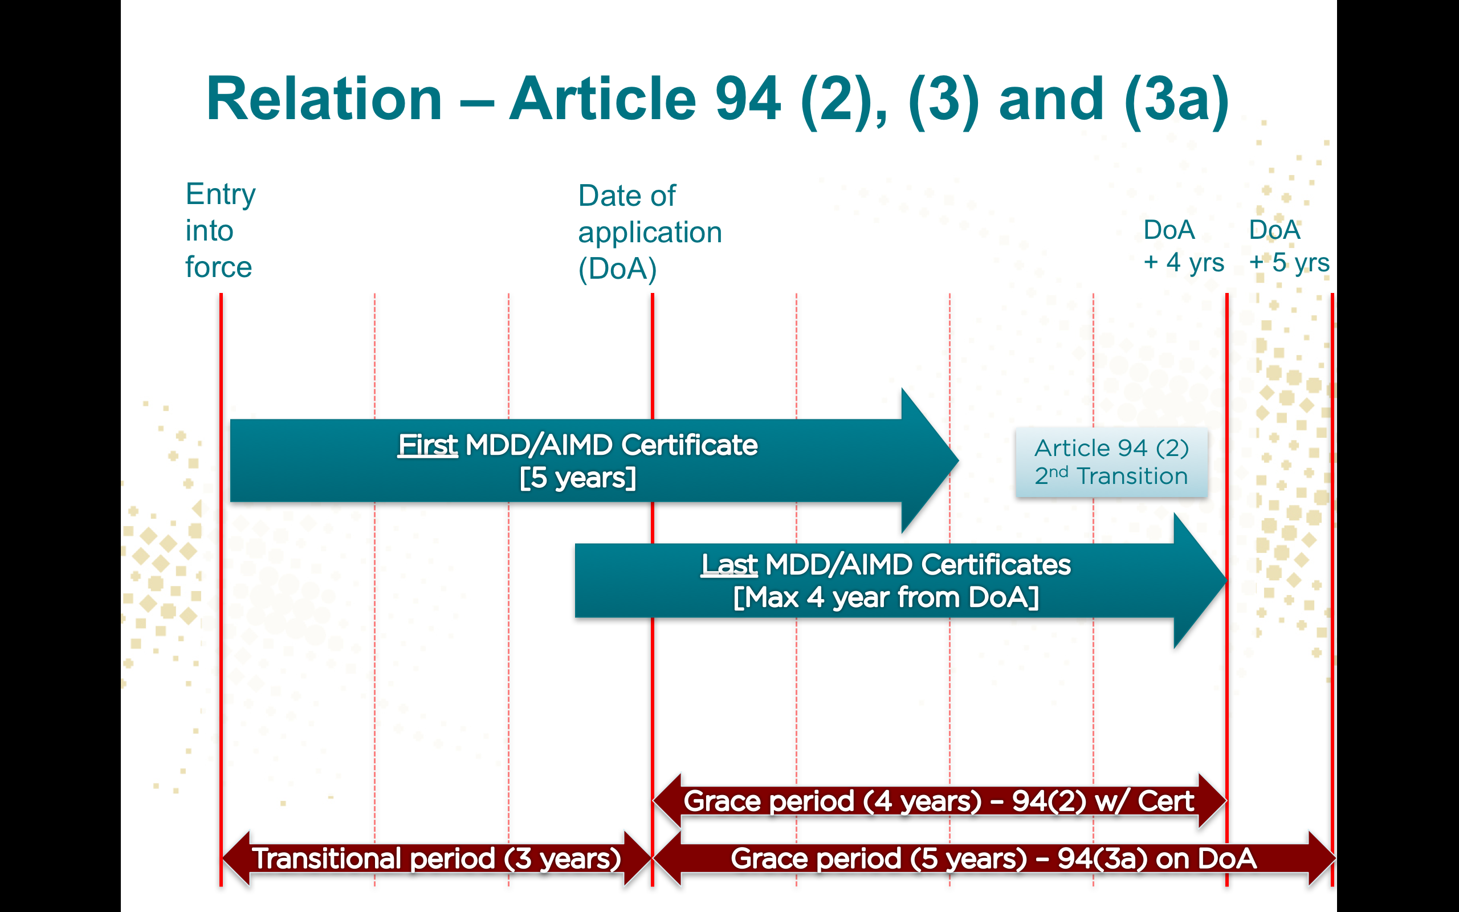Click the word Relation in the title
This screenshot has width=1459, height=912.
pos(324,100)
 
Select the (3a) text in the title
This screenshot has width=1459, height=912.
pos(1176,100)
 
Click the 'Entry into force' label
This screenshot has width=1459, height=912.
pos(220,230)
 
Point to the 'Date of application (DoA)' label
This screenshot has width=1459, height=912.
pos(649,232)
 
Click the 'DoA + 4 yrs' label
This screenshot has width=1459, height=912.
pos(1183,246)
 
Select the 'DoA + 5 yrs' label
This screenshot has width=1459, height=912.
pos(1289,246)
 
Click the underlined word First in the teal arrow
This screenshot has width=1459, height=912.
pos(427,445)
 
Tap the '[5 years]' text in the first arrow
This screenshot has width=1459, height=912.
pos(577,478)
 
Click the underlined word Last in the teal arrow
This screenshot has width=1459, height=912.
pos(729,565)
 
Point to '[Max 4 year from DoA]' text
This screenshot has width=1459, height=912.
pos(886,598)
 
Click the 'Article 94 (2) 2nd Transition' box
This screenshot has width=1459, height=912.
pos(1111,462)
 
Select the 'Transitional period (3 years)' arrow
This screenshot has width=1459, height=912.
pos(437,858)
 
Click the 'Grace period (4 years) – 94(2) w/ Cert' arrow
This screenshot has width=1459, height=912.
pos(939,801)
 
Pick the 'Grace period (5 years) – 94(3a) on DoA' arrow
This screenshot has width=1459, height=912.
pos(993,858)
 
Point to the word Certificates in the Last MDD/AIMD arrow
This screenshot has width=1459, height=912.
pos(996,565)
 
